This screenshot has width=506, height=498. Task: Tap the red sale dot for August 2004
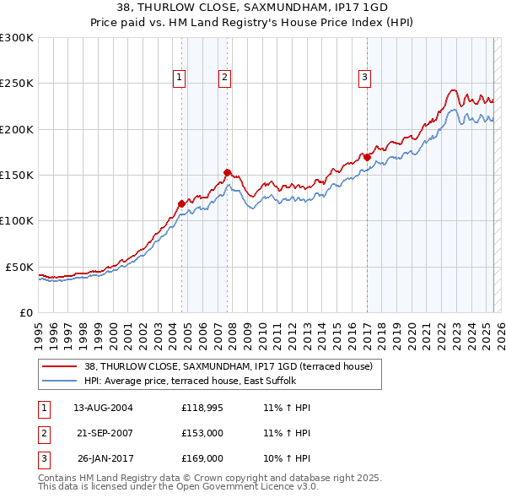click(x=181, y=203)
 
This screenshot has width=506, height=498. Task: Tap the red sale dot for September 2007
click(x=227, y=172)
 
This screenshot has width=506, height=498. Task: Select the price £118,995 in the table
click(x=202, y=408)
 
